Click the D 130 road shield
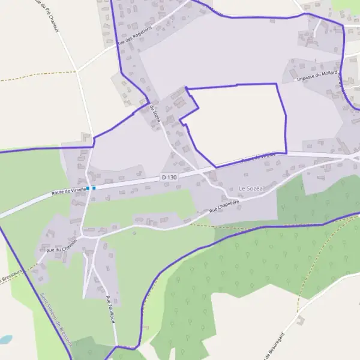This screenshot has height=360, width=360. coord(170,178)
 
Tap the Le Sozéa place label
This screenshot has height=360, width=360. coord(251,189)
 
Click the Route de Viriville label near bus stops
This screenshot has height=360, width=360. coord(67,191)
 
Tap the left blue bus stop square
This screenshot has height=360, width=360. coord(88,188)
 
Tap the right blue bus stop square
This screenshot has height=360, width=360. coord(94,188)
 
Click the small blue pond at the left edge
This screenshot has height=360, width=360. coord(5,339)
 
